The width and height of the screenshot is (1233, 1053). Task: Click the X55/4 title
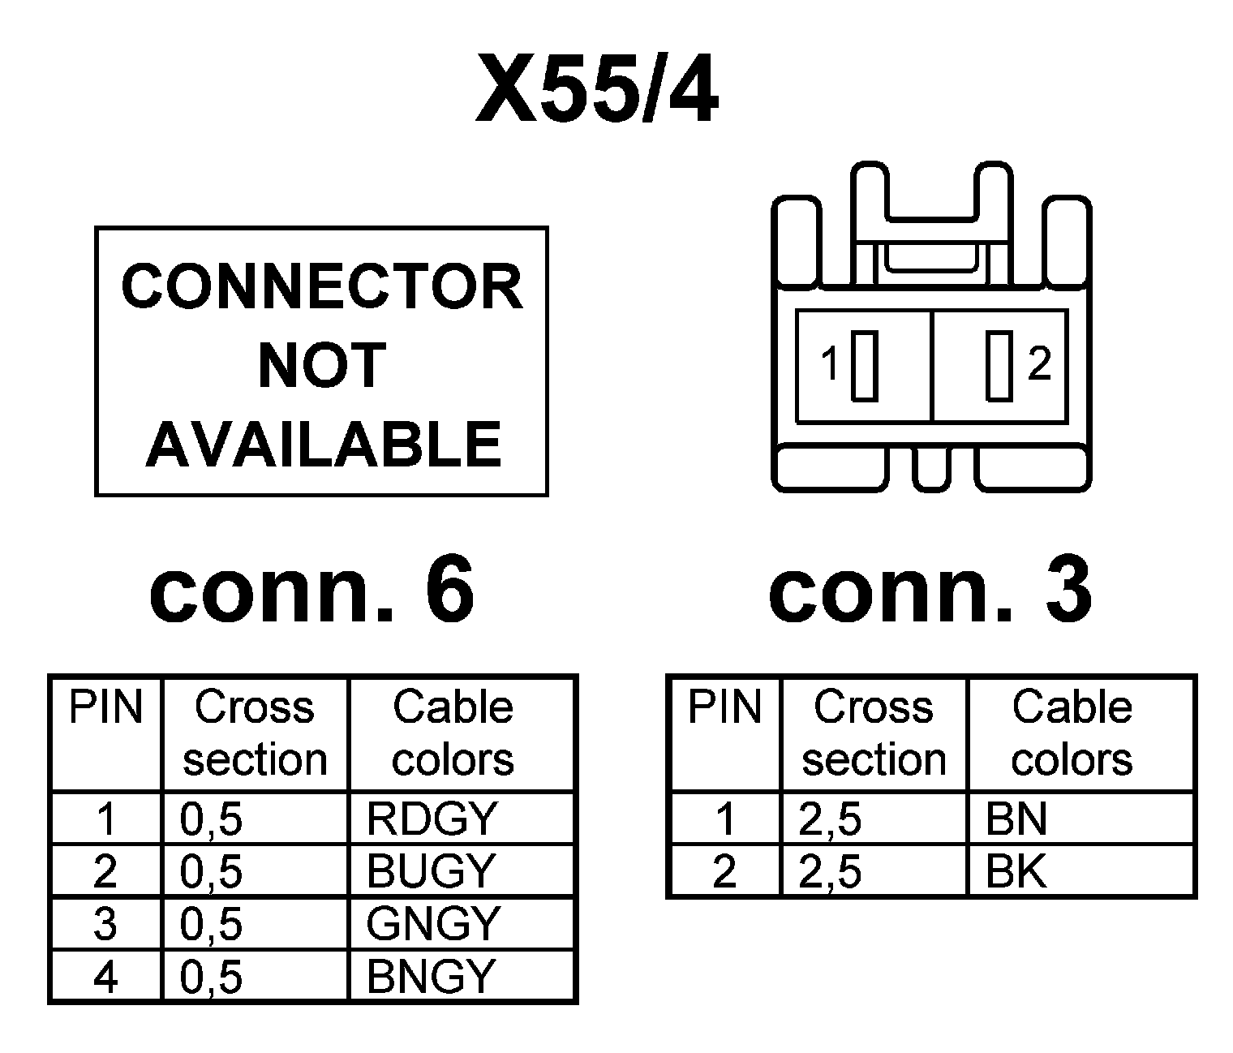(x=597, y=89)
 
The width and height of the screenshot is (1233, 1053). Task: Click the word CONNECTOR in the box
(x=321, y=286)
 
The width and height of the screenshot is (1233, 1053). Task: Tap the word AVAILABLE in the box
(x=323, y=444)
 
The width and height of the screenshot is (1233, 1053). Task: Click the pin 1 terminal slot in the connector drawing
(x=865, y=365)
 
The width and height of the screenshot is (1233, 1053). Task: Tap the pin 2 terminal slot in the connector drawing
(x=999, y=365)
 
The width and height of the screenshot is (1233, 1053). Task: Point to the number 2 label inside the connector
(x=1038, y=363)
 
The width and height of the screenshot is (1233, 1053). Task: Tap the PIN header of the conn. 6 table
(x=105, y=707)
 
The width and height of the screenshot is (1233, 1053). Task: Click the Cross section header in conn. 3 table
(x=874, y=733)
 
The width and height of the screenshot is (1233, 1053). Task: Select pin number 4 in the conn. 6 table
(x=105, y=977)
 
